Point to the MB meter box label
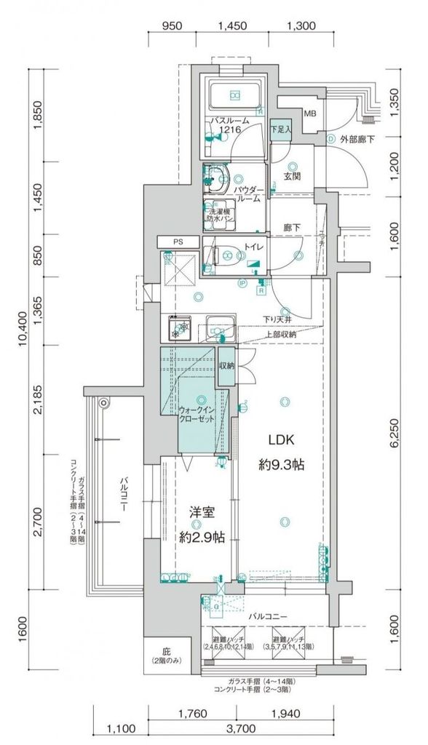pyautogui.click(x=310, y=114)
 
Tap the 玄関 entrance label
pyautogui.click(x=293, y=176)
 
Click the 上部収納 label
pyautogui.click(x=280, y=334)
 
